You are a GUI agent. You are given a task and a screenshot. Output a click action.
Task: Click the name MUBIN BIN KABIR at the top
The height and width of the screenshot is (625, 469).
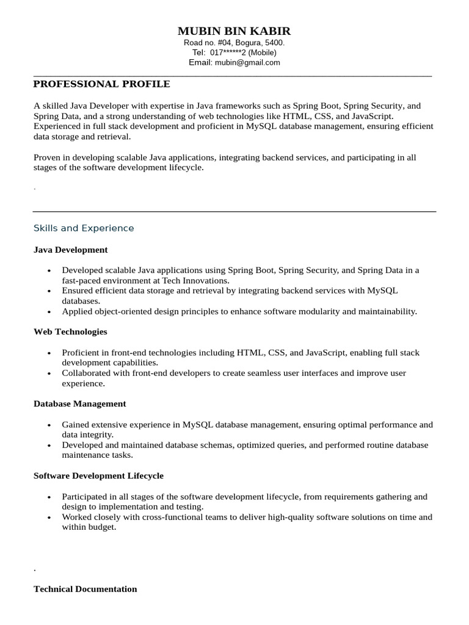pos(234,31)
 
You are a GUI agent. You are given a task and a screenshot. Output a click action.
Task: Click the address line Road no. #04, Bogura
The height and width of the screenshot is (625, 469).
pos(234,43)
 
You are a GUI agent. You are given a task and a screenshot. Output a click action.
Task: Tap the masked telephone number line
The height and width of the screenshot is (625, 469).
pos(234,53)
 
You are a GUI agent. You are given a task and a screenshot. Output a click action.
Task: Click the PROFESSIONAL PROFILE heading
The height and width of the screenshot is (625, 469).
pos(101,84)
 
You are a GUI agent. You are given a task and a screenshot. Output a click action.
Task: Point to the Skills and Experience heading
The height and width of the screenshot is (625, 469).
pos(84,228)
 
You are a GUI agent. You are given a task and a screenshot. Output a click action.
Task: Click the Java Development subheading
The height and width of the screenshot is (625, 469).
pos(71,250)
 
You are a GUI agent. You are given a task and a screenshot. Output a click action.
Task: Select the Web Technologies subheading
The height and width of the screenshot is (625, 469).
pos(70,331)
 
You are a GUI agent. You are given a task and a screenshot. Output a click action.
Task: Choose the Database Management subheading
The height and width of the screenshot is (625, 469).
pos(80,403)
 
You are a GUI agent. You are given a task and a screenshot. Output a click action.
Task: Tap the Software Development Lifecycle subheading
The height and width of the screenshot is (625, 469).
pos(98,475)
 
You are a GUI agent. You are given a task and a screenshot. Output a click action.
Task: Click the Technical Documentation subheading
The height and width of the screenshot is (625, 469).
pos(85,589)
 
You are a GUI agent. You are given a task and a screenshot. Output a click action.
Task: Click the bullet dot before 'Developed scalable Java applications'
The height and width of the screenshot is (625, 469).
pos(49,270)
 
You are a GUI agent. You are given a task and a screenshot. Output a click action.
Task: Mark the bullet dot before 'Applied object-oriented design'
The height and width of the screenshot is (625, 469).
pos(49,311)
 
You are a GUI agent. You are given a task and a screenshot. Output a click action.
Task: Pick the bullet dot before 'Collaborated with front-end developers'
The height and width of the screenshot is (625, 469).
pos(49,374)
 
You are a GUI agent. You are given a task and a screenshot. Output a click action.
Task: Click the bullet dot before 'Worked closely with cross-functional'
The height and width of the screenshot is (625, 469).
pos(49,517)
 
